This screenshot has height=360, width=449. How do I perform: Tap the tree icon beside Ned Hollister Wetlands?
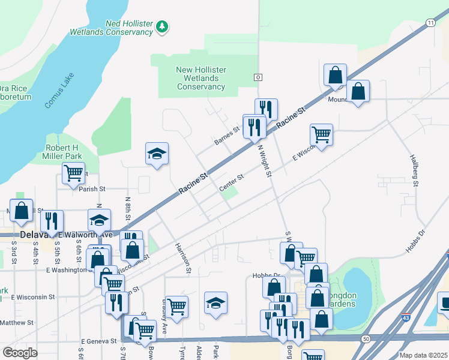coord(161,26)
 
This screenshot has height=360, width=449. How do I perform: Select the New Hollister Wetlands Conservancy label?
coord(200,78)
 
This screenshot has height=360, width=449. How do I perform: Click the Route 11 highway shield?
coord(430,22)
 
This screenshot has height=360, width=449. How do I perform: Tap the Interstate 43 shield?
coord(406,317)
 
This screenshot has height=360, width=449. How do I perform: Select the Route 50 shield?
coord(366,339)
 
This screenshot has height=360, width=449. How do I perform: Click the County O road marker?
coord(258,77)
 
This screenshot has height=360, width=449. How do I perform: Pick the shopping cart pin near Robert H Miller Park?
coord(73,173)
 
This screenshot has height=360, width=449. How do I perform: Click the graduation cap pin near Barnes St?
coord(157,154)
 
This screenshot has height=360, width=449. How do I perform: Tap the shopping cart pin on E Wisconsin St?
coord(321,134)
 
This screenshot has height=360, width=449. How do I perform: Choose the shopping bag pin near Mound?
coord(335,75)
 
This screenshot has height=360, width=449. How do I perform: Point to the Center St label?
coord(231,182)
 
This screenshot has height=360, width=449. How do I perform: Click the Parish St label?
coord(92,188)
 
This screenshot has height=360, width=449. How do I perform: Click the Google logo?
coord(20,352)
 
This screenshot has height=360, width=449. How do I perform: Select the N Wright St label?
coord(265,160)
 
